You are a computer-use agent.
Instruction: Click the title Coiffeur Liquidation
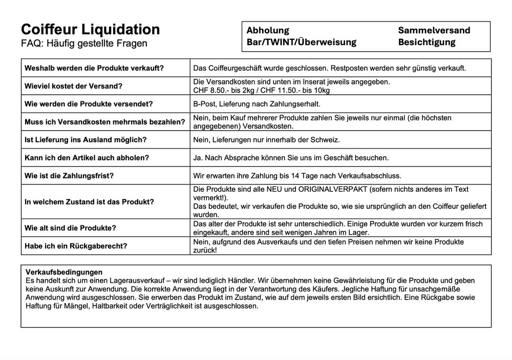click(x=90, y=29)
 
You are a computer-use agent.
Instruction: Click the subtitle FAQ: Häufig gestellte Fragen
click(x=84, y=44)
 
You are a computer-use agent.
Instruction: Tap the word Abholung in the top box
click(x=267, y=30)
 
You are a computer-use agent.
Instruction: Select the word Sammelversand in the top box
click(x=434, y=30)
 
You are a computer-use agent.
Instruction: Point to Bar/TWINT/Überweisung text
click(x=301, y=42)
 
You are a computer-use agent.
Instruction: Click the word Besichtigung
click(x=426, y=42)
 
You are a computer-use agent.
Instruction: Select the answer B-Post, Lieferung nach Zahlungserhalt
click(x=257, y=104)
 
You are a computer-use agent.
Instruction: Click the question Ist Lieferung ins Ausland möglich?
click(x=86, y=140)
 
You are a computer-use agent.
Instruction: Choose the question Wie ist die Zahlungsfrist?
click(x=69, y=176)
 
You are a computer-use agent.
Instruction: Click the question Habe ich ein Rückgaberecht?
click(x=76, y=246)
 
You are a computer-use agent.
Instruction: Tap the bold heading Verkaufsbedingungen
click(x=64, y=272)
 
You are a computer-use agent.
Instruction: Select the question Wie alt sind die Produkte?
click(x=70, y=228)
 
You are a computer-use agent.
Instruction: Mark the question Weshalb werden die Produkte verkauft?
click(x=94, y=68)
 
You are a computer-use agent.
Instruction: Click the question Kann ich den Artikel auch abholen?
click(x=87, y=158)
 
